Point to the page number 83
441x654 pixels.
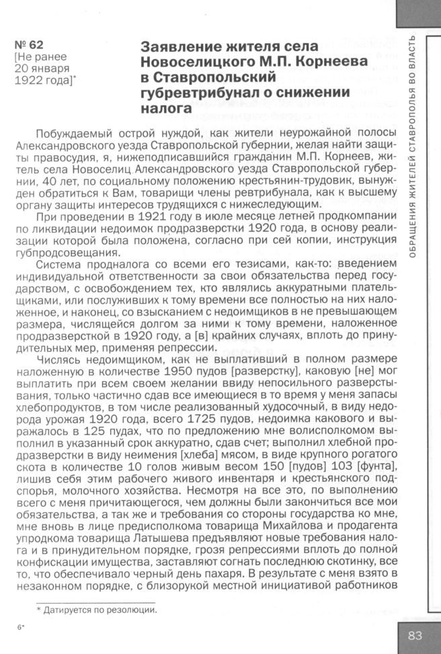pyautogui.click(x=415, y=634)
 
